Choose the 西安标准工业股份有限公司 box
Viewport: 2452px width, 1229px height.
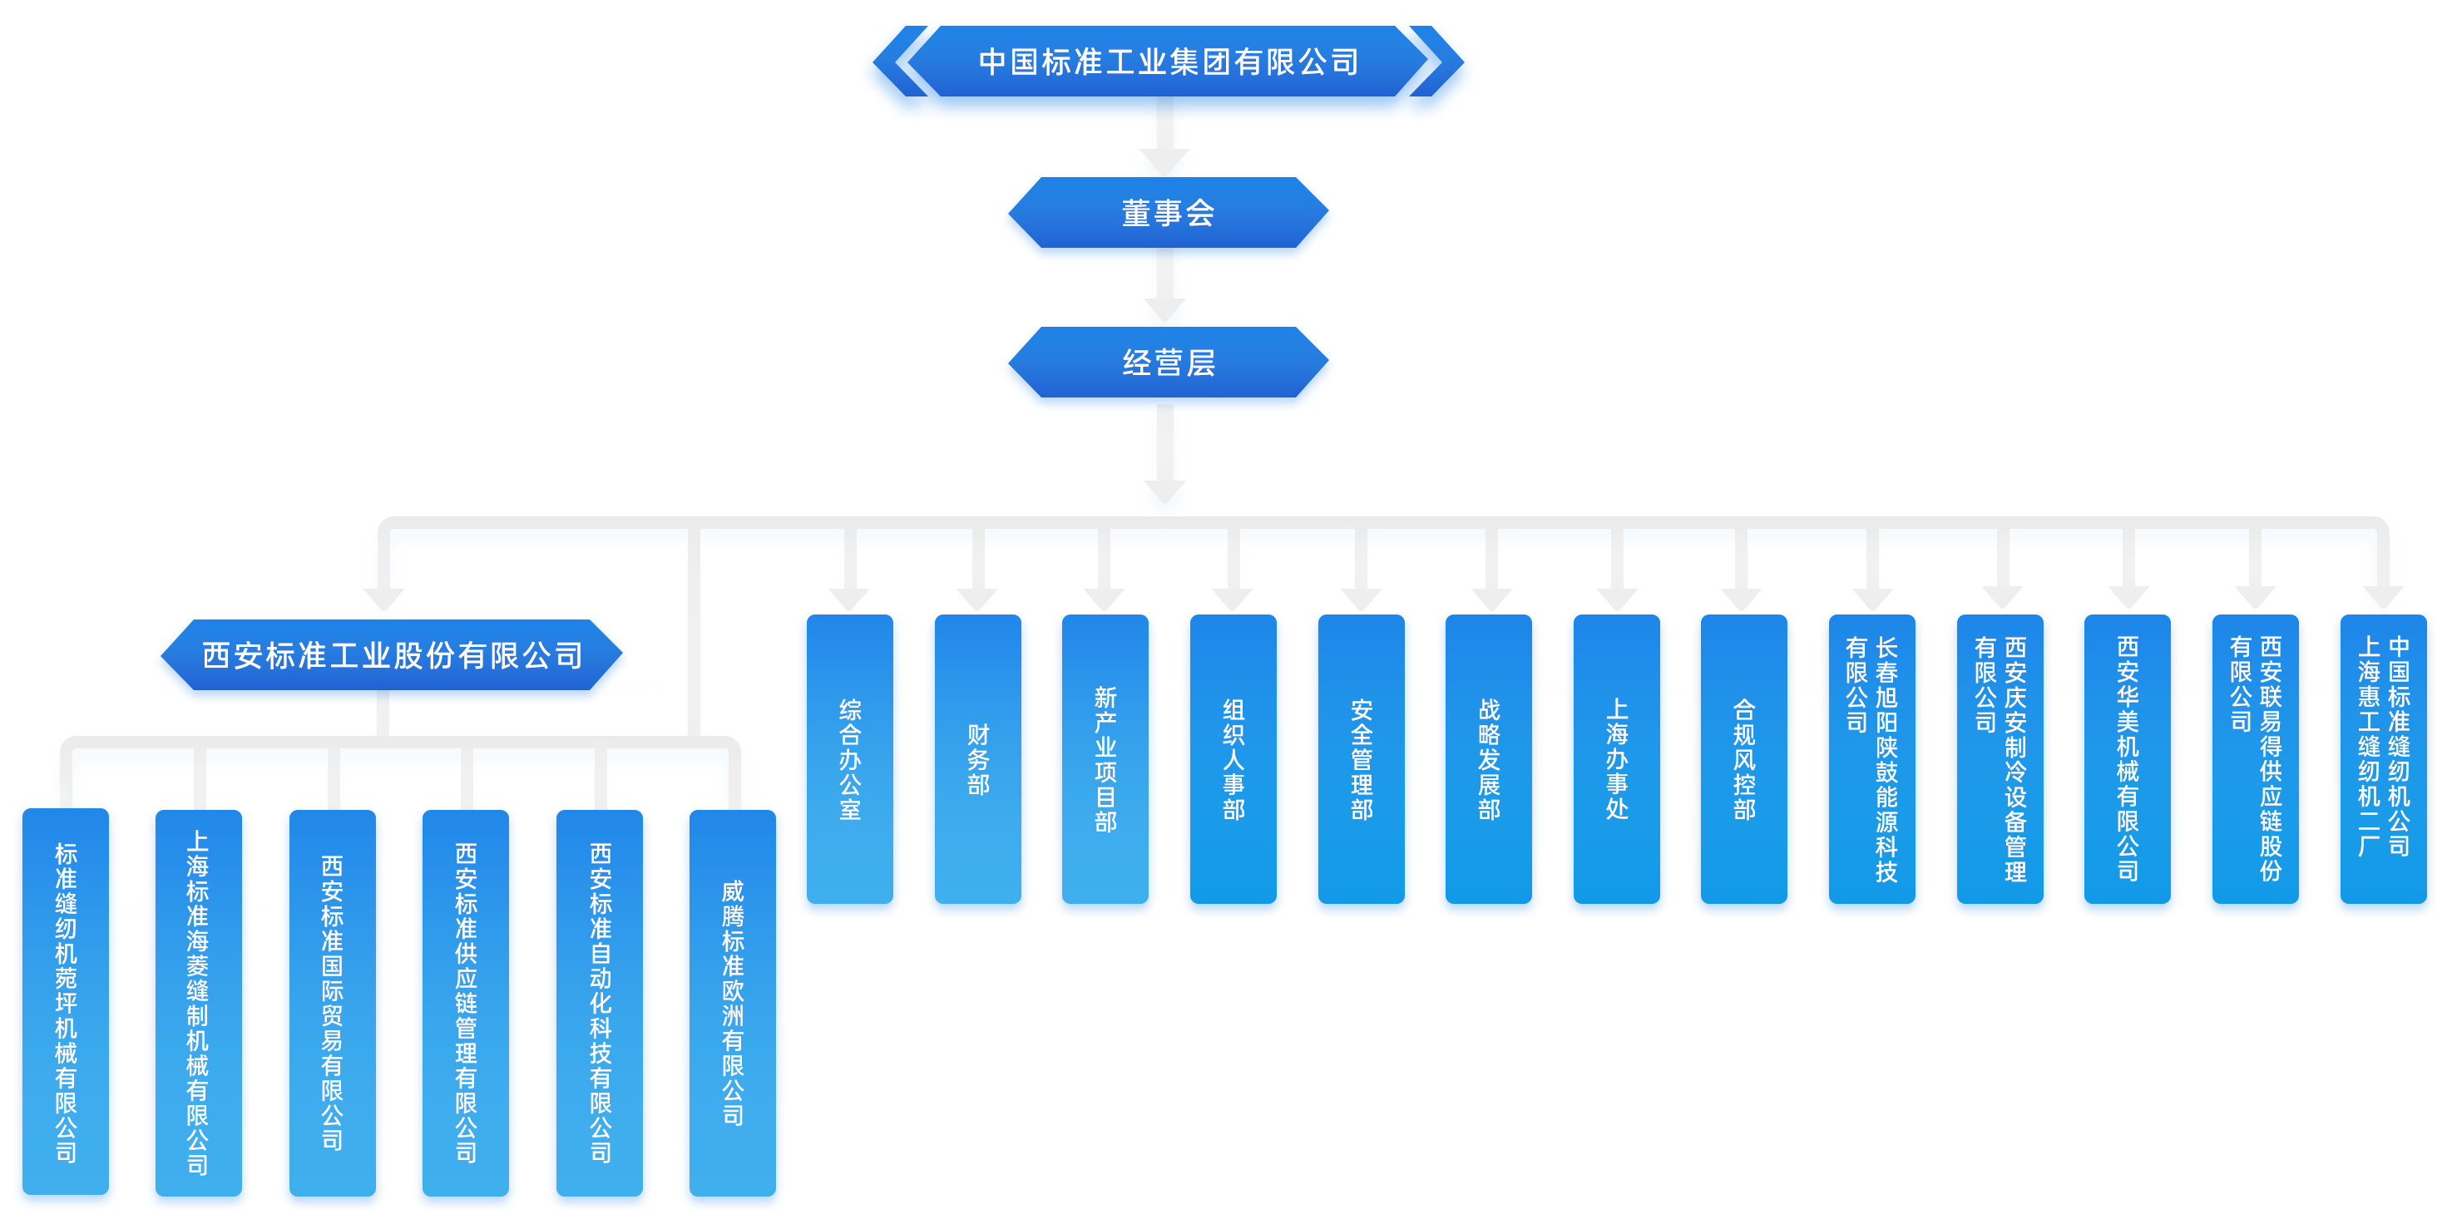[391, 656]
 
